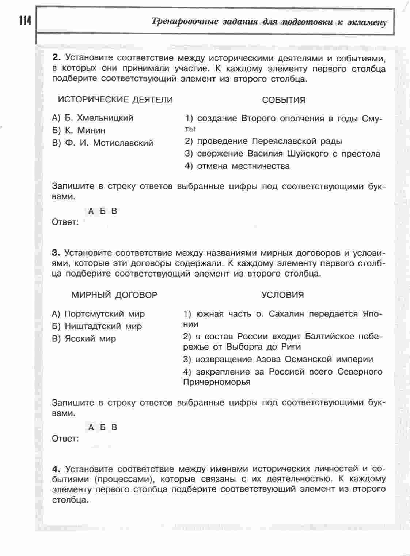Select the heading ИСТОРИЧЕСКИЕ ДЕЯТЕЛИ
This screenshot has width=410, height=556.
tap(115, 99)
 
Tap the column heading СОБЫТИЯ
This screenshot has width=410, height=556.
tap(284, 100)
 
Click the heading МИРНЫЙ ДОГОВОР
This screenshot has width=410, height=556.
tap(114, 295)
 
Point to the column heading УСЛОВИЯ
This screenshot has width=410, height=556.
tap(282, 295)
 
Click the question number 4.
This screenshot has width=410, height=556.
tap(56, 469)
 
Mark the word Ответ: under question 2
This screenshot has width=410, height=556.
tap(65, 222)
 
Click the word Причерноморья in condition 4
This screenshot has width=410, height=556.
tap(217, 382)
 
